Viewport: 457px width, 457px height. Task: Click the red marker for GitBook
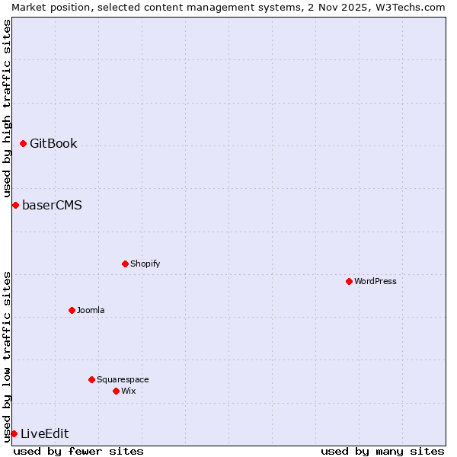(x=23, y=143)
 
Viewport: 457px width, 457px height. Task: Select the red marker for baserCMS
(x=15, y=205)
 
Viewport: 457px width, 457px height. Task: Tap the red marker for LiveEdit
(x=14, y=433)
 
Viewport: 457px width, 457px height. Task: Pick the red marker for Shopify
(x=125, y=264)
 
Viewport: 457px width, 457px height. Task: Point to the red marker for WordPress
(x=349, y=281)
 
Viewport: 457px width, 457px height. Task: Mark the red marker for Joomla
(x=72, y=310)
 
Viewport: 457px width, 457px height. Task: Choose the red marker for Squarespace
(x=91, y=379)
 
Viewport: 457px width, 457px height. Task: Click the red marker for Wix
(x=116, y=391)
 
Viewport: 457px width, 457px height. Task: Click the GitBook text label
(x=53, y=143)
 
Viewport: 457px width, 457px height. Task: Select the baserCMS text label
(x=52, y=205)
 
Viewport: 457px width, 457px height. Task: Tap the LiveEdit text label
(x=44, y=433)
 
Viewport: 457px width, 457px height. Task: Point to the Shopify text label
(x=145, y=264)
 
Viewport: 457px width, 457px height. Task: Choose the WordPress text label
(x=376, y=281)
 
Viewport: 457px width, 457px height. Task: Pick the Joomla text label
(x=91, y=310)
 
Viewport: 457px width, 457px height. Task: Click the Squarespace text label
(x=123, y=379)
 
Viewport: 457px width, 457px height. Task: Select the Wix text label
(x=128, y=391)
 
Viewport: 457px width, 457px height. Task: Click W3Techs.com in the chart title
(x=409, y=7)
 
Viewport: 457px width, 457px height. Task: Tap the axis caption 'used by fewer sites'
(x=78, y=451)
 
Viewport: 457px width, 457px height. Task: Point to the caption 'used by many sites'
(x=382, y=451)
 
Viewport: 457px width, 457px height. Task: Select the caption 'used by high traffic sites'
(x=7, y=109)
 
